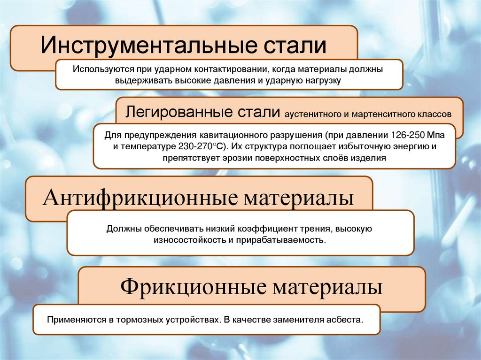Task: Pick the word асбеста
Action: point(347,320)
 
